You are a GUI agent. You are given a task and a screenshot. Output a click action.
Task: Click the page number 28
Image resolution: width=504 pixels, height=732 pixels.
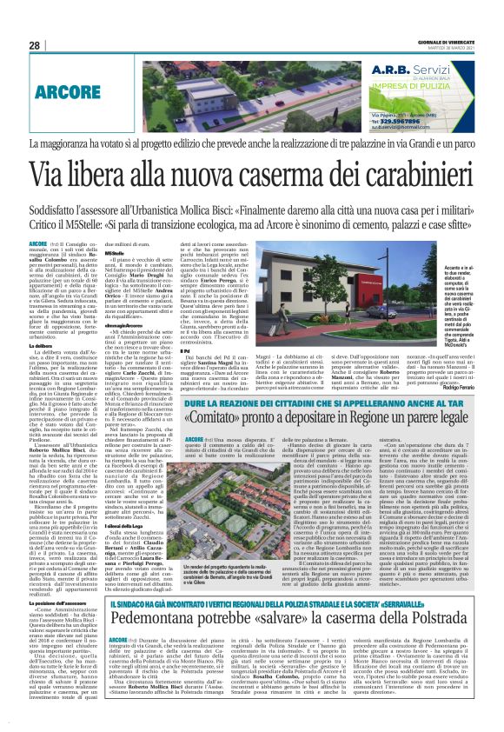pos(35,45)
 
